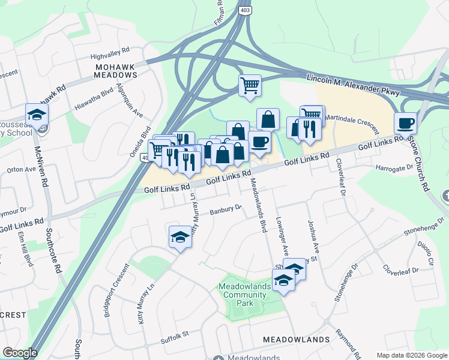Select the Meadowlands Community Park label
point(245,295)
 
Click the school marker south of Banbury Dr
point(179,237)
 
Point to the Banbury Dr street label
point(225,211)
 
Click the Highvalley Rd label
point(110,53)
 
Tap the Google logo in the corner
point(20,353)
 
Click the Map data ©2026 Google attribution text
point(411,355)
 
